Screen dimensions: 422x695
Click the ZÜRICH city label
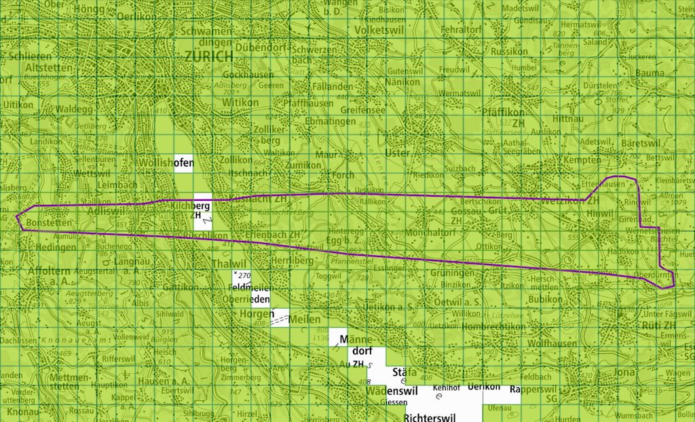pyautogui.click(x=209, y=57)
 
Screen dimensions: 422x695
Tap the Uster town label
pyautogui.click(x=397, y=153)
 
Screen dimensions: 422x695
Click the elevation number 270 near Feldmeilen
pyautogui.click(x=244, y=275)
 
